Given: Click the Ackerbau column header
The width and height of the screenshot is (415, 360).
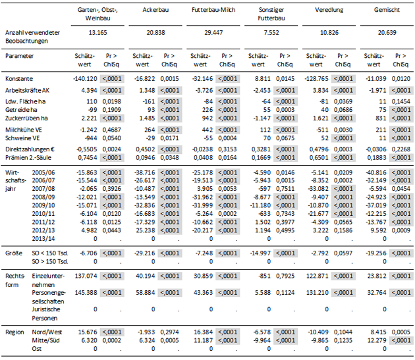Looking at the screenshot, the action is point(155,10).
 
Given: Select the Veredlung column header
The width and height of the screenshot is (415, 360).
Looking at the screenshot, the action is point(329,10).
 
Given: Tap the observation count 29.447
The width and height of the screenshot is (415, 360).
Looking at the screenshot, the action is point(213,33).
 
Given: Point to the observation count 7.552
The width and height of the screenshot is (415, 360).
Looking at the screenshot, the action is point(271,33).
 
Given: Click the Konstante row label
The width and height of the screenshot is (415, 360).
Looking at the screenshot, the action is point(19,79).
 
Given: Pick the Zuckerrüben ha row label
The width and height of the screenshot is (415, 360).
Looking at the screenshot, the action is point(26,118).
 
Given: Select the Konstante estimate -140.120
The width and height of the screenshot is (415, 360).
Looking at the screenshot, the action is point(85,79).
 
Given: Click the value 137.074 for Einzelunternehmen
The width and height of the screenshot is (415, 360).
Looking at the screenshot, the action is point(86,276).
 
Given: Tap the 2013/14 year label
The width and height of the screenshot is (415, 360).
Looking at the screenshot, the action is point(43,239).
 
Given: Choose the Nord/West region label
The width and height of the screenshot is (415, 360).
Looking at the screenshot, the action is point(47,332).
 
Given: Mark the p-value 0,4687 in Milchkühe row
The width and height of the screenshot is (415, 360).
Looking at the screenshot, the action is point(112,130).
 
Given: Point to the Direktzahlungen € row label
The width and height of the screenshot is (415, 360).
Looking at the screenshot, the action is point(30,149).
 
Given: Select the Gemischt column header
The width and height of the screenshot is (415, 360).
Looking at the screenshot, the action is point(387,10).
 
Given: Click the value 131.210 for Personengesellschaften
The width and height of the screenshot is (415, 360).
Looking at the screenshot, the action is point(318,293).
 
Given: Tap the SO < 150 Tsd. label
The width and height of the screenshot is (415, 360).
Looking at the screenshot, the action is point(50,253).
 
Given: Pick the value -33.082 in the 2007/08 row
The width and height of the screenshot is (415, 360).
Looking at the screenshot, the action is point(318,189).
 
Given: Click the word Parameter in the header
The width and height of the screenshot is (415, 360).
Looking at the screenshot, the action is point(19,56).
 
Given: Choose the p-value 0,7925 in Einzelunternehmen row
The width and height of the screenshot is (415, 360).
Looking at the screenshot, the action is point(285,276).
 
